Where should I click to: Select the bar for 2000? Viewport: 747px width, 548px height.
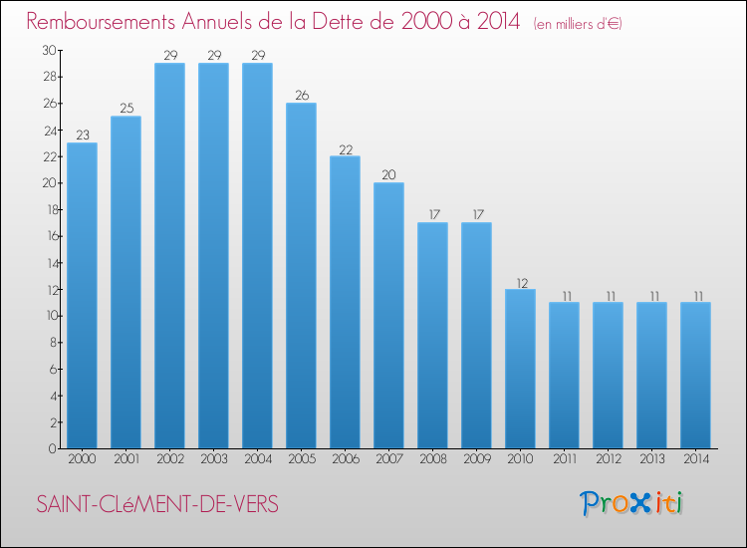coord(82,295)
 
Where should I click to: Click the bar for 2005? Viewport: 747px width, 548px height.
coord(301,275)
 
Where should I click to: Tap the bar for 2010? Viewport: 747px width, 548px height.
coord(520,369)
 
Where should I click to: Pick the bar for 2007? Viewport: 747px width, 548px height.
coord(388,315)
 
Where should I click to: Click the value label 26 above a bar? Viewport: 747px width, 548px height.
coord(301,96)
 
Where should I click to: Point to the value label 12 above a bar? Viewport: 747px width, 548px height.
coord(520,282)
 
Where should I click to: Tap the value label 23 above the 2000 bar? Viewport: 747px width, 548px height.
coord(82,136)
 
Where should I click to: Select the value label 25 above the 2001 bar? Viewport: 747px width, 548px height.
coord(125,109)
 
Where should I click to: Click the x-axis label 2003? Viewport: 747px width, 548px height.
coord(213,460)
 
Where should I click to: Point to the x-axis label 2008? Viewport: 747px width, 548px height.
coord(432,460)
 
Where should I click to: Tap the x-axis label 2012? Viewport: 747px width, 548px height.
coord(608,460)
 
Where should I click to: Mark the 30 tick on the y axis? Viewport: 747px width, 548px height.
coord(49,50)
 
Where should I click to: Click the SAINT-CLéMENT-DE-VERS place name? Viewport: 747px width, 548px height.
coord(157,505)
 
